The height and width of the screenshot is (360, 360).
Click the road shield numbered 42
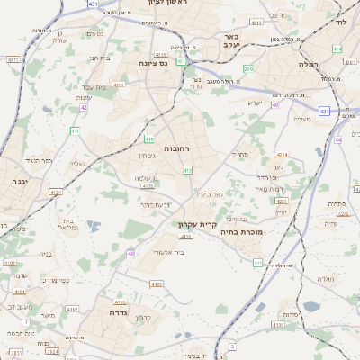[x=84, y=107]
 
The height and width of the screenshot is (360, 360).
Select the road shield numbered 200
[x=248, y=68]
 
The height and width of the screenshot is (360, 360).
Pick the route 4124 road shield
[x=56, y=192]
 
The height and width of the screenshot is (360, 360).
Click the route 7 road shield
[x=26, y=321]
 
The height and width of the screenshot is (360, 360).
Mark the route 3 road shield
[x=231, y=346]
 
